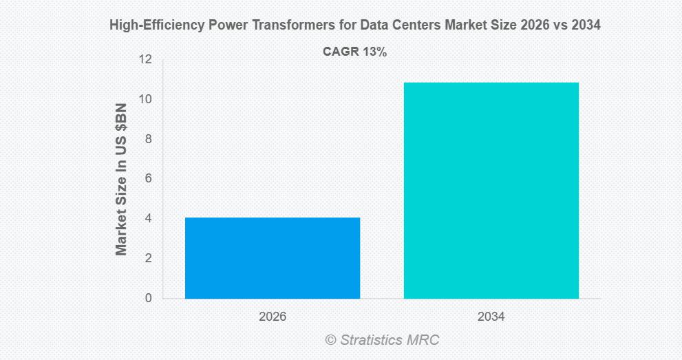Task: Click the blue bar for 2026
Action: click(273, 258)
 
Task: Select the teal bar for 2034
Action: click(491, 191)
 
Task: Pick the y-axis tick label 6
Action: click(147, 179)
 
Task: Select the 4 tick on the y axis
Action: click(147, 219)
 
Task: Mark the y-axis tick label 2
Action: click(147, 259)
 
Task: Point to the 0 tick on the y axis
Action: click(147, 299)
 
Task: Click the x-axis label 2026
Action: click(273, 317)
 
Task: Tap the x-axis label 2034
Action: click(491, 317)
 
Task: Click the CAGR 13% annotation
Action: click(354, 52)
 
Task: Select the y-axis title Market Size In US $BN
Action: click(122, 179)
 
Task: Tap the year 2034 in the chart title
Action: click(586, 26)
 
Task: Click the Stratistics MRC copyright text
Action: click(382, 340)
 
